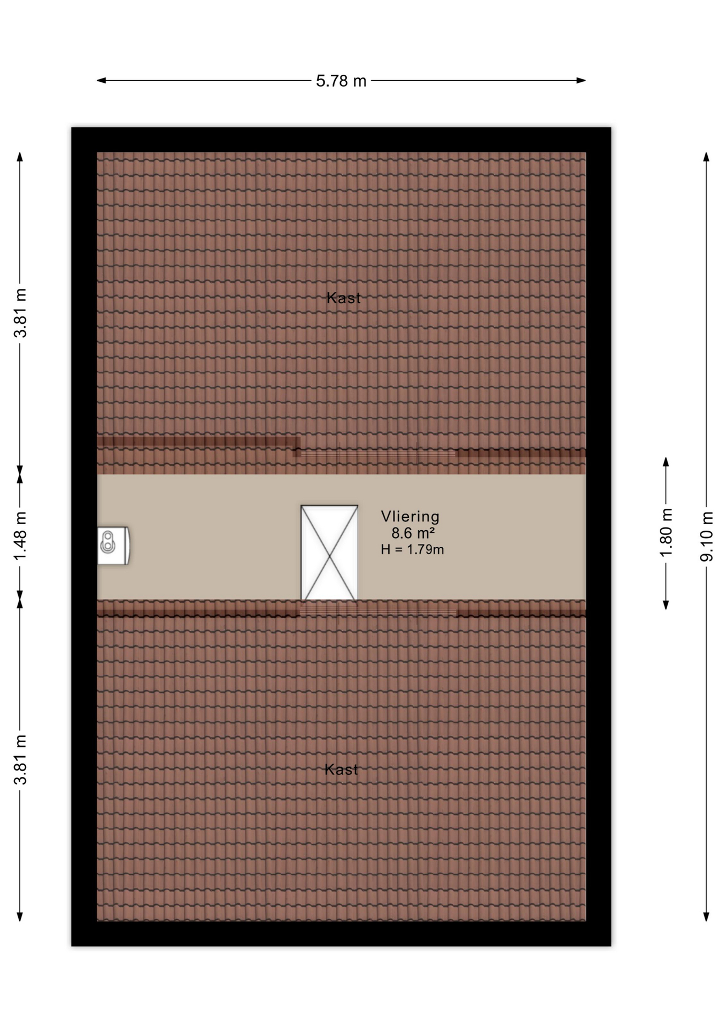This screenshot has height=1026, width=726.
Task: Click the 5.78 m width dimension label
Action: click(341, 81)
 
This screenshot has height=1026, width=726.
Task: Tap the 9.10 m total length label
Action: click(706, 536)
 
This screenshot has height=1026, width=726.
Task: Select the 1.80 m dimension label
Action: click(666, 532)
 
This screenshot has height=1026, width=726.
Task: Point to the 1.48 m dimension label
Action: click(20, 537)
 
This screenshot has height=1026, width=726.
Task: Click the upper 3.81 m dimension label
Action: click(20, 313)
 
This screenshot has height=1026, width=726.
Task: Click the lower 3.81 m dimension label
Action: click(20, 759)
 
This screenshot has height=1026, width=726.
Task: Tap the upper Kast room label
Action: click(343, 298)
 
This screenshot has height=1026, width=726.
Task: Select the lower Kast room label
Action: click(341, 769)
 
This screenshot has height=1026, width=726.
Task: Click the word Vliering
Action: click(410, 516)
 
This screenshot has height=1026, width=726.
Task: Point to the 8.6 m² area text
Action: click(413, 533)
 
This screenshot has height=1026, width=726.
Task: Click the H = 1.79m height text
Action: click(412, 549)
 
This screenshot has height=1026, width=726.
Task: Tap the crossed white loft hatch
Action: click(329, 553)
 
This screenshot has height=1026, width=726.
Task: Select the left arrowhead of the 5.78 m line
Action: click(101, 81)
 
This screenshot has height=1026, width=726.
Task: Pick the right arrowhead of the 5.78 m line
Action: click(582, 81)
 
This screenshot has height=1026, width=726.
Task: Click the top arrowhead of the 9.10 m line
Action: click(706, 157)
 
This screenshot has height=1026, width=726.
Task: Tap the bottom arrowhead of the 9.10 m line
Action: click(706, 917)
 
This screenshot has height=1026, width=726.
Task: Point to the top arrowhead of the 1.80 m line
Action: click(666, 461)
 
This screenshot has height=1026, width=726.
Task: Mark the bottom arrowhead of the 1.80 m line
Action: click(666, 605)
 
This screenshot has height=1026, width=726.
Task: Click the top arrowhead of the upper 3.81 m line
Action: click(20, 157)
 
